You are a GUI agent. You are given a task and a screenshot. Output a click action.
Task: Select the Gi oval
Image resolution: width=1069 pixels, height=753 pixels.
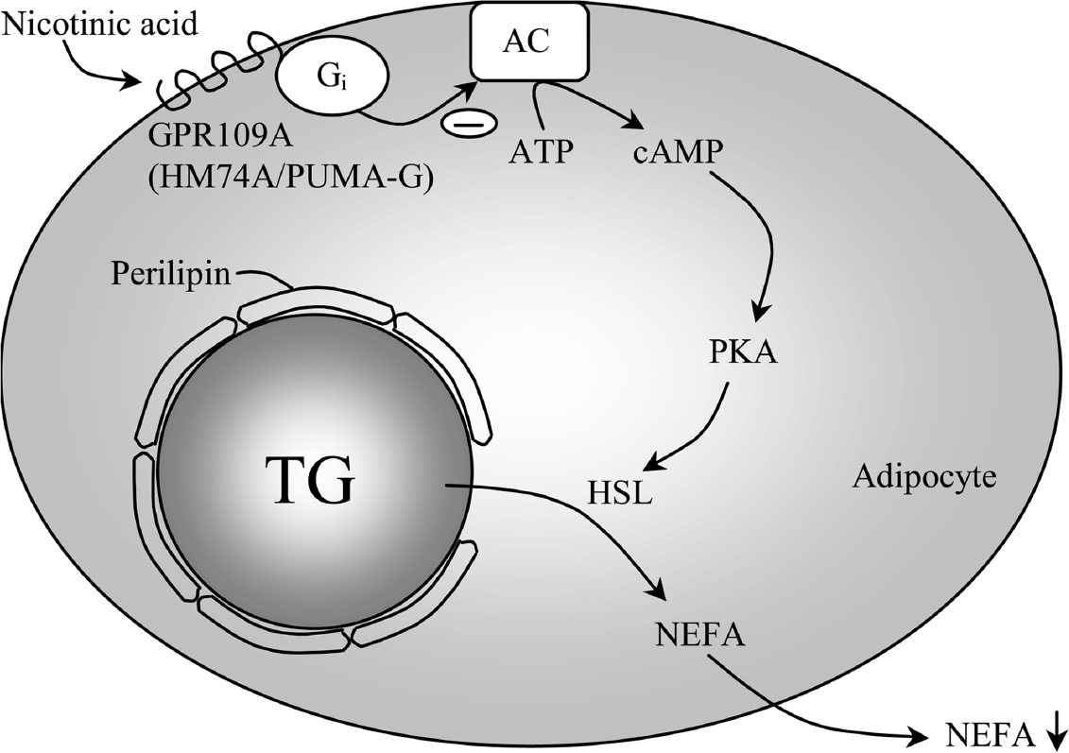click(332, 78)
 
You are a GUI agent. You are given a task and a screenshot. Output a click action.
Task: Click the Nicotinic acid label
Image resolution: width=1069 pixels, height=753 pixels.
click(100, 26)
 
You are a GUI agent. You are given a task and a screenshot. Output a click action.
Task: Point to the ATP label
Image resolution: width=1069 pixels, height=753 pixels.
click(538, 152)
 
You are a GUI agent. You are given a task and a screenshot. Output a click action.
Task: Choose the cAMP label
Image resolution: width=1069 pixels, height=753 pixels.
click(675, 153)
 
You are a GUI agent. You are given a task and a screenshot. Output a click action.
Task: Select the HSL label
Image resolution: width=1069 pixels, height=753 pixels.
click(620, 491)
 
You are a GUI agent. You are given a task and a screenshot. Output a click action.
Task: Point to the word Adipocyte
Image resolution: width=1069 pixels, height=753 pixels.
click(924, 478)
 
